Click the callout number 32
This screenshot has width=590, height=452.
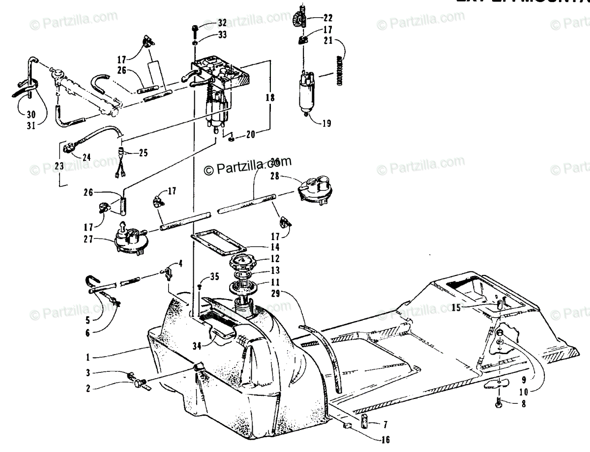[x=222, y=23]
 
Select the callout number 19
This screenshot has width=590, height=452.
[x=326, y=124]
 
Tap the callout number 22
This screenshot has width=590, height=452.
[x=327, y=18]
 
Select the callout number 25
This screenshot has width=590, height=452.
[x=143, y=153]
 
